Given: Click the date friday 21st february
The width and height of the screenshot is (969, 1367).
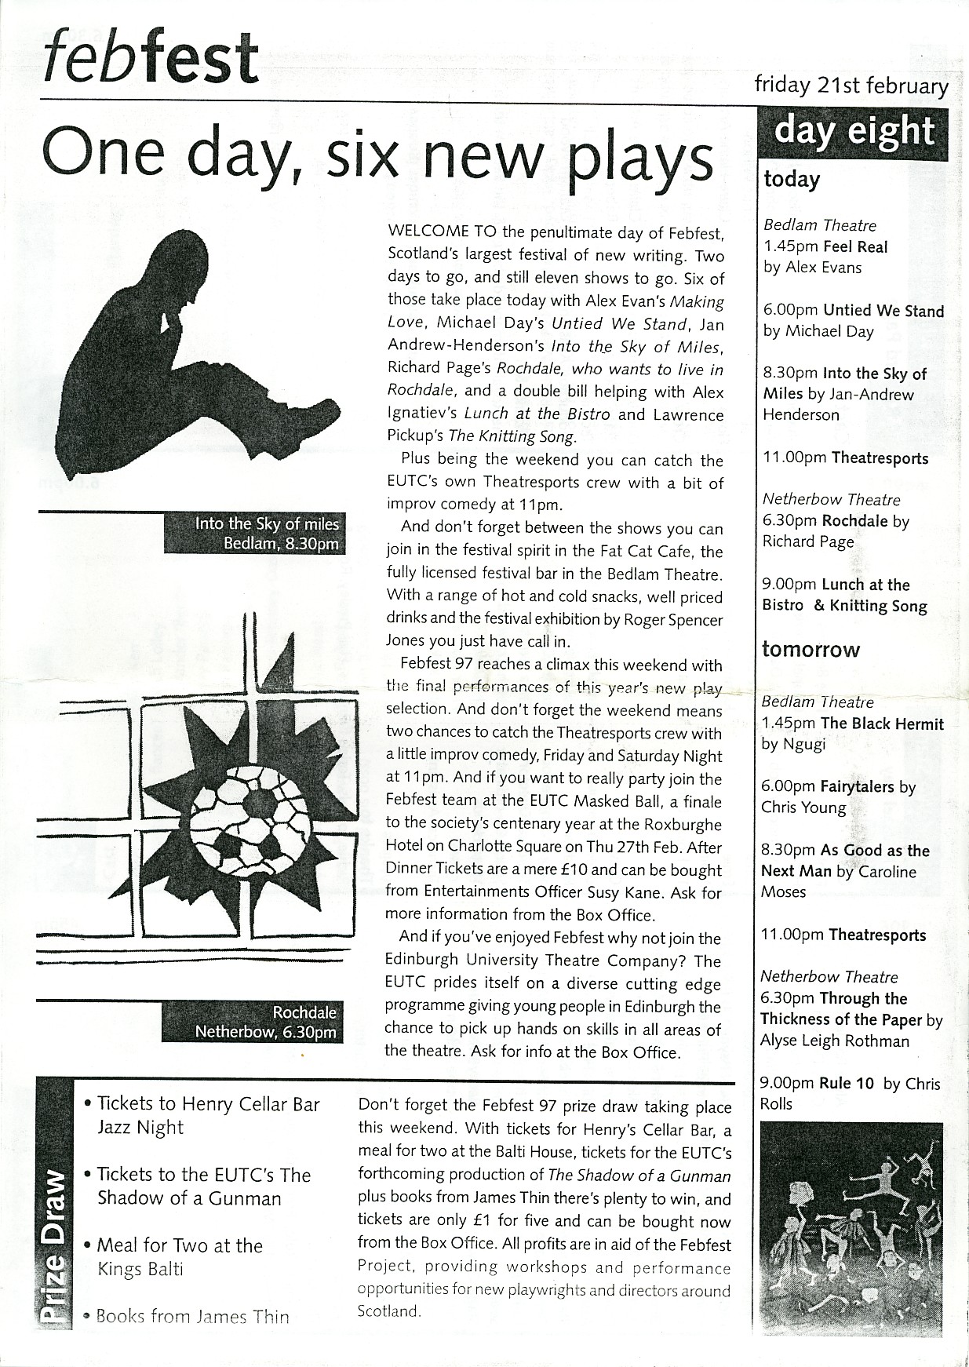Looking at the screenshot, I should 851,85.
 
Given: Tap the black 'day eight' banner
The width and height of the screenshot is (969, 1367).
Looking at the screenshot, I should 854,131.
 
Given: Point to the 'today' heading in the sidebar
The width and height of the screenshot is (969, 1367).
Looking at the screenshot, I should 792,180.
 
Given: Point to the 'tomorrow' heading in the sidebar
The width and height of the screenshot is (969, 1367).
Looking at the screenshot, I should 811,650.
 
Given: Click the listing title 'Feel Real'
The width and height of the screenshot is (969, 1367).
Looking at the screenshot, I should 855,247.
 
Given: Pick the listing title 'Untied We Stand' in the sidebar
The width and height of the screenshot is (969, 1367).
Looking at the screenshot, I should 883,311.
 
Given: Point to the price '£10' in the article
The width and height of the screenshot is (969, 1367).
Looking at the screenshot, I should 604,869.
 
